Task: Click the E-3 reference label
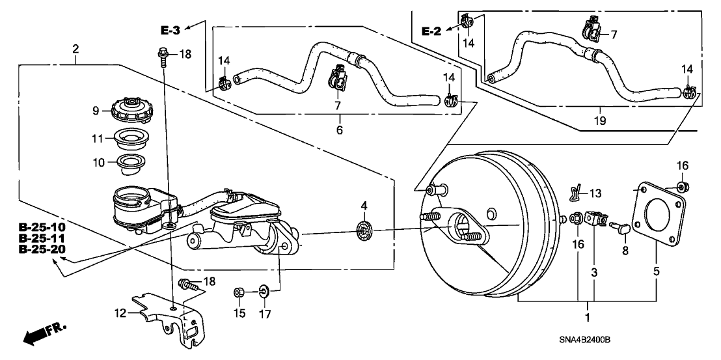171,29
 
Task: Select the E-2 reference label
431,31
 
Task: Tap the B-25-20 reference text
42,249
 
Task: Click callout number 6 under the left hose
340,129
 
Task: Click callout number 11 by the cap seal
96,138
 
